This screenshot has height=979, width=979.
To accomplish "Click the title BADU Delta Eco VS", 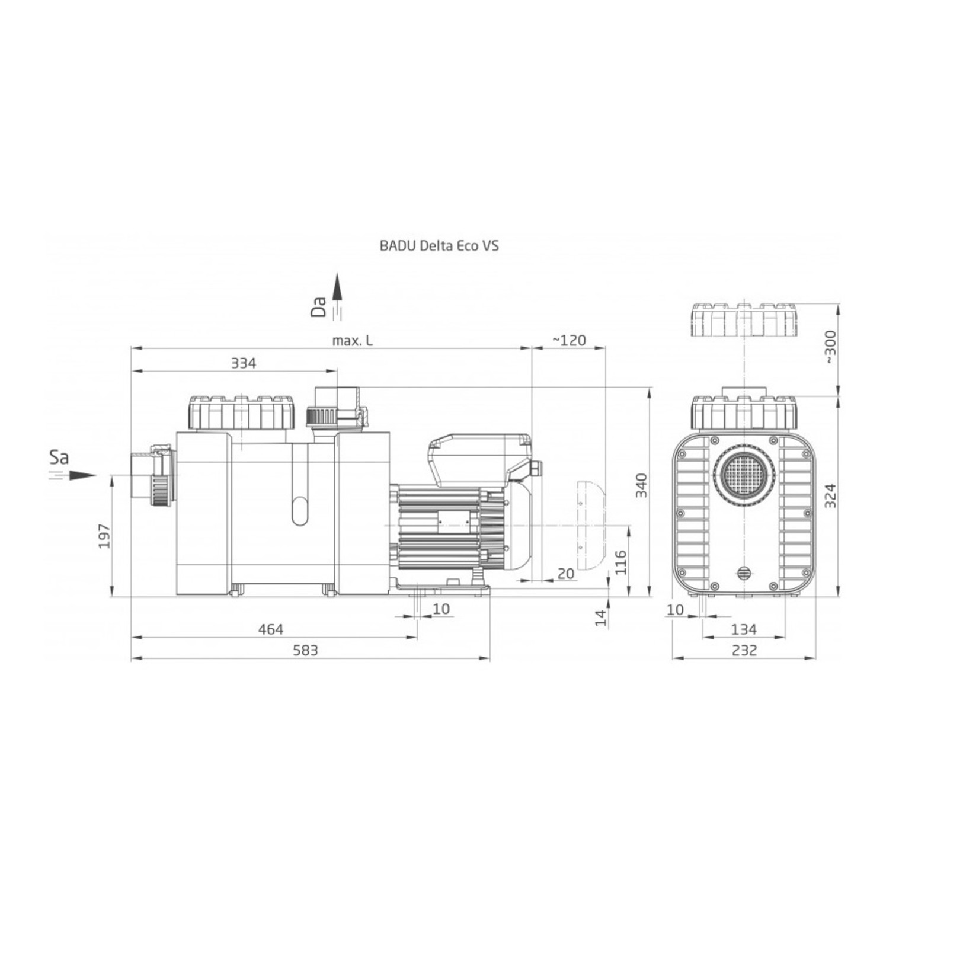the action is point(439,245).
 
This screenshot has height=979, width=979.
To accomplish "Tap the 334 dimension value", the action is point(244,363).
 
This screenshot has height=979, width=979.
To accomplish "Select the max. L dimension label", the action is point(353,340).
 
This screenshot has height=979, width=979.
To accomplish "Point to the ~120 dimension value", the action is point(569,340).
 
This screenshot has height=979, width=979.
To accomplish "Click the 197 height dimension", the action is point(104,536).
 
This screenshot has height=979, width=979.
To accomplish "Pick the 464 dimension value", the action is point(271,629).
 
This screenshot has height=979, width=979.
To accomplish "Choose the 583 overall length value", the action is point(306,650).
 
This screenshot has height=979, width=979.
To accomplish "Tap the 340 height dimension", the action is point(641,485).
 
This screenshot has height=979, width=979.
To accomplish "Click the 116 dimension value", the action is point(620,562).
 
